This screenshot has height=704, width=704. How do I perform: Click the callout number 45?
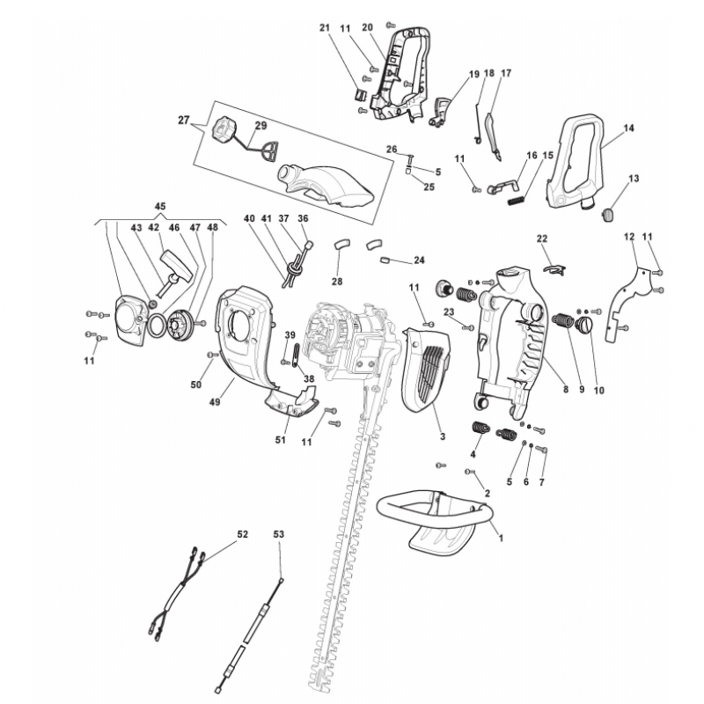[x=159, y=206]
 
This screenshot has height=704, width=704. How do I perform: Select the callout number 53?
[x=279, y=534]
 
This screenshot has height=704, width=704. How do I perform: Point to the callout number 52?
[x=243, y=534]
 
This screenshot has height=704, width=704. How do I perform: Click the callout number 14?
[x=629, y=128]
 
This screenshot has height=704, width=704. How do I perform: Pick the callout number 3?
[x=442, y=436]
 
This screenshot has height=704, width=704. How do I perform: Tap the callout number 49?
[x=213, y=401]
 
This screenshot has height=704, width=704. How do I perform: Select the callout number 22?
[x=542, y=238]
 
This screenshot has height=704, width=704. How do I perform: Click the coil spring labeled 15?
[x=517, y=199]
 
